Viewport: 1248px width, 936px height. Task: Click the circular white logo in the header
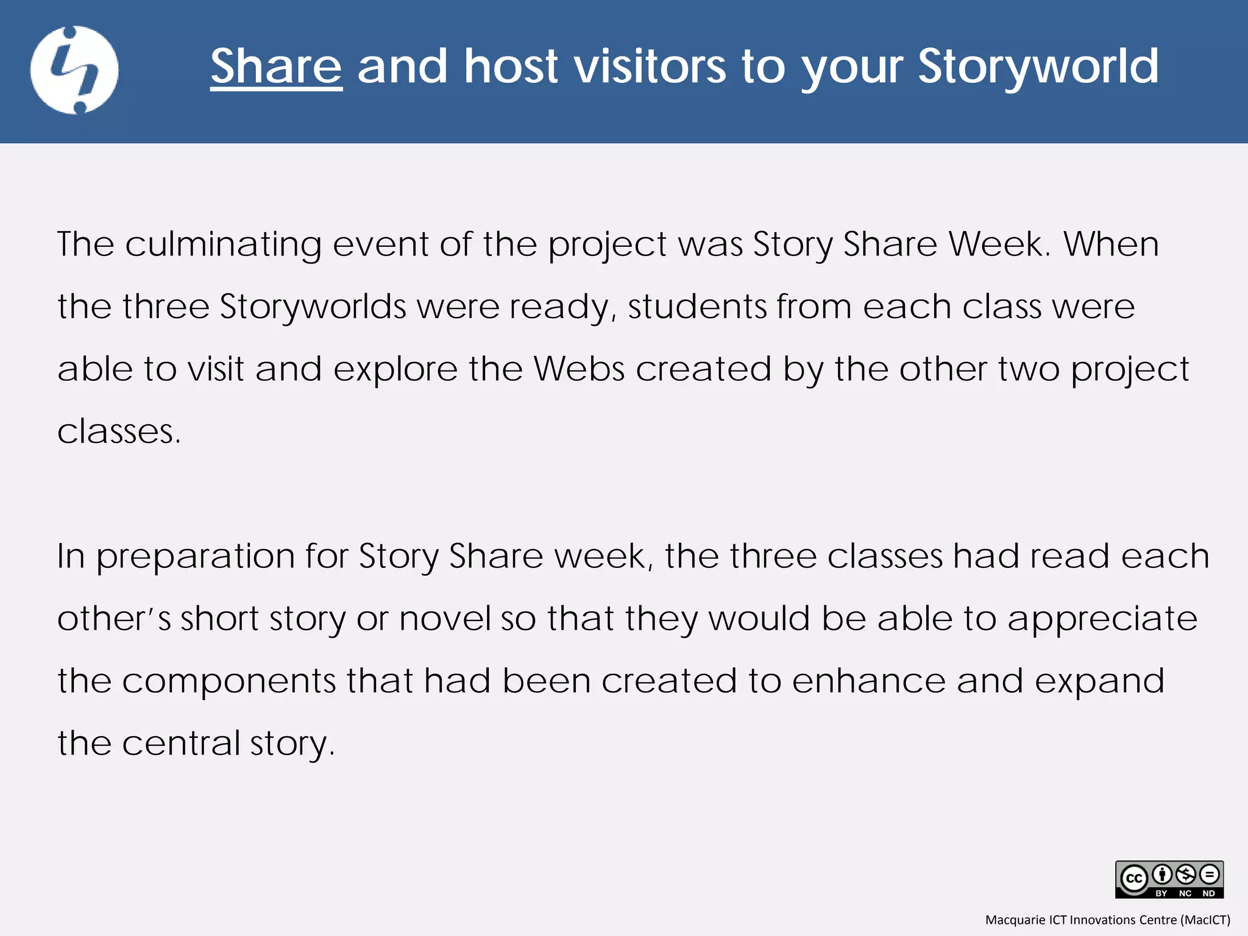(74, 70)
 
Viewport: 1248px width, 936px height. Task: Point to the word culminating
(223, 244)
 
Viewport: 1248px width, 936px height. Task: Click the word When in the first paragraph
(1111, 244)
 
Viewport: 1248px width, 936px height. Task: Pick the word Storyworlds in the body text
(313, 307)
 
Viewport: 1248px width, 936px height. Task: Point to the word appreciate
(1102, 619)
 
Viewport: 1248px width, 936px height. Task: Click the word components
(229, 681)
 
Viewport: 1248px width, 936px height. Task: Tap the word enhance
(868, 681)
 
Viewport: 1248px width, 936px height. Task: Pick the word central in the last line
(181, 743)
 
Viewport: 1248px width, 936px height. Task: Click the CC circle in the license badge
(1134, 879)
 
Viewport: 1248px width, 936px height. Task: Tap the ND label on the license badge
(1209, 893)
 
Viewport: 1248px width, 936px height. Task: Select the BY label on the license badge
(1161, 893)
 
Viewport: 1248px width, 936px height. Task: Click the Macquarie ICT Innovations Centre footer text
(1107, 920)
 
